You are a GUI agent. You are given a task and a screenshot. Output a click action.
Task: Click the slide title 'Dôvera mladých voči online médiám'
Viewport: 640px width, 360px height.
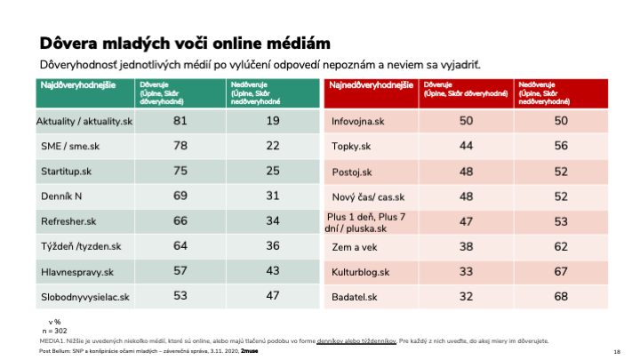[185, 43]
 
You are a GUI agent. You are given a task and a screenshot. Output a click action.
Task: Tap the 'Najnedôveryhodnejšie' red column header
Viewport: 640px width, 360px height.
[371, 85]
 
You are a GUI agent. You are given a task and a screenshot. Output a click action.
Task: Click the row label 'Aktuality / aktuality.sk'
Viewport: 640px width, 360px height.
[84, 120]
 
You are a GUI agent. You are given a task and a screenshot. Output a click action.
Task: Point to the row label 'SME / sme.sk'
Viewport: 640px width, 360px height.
[68, 145]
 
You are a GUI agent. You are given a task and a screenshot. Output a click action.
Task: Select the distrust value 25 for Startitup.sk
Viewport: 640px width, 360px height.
[273, 170]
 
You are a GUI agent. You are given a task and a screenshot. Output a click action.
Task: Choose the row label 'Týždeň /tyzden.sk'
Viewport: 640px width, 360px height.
[78, 245]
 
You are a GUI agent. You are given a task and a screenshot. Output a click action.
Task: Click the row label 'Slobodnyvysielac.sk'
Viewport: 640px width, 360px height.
[84, 296]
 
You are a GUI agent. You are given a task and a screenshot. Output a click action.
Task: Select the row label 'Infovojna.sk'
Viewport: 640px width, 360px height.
[357, 120]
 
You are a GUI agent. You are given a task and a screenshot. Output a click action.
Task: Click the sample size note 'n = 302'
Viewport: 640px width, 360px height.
[57, 330]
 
